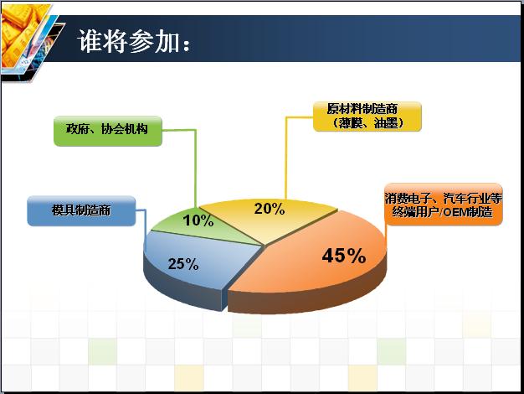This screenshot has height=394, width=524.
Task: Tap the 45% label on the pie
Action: point(343,256)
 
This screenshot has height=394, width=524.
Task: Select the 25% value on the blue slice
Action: point(183,264)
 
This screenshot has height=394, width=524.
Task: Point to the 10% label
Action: point(198,220)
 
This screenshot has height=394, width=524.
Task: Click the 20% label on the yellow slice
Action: point(270,209)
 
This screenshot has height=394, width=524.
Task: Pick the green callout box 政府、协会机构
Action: point(108,131)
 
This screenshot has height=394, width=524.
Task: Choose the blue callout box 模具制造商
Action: point(81,211)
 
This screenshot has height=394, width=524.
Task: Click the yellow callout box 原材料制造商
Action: point(367,117)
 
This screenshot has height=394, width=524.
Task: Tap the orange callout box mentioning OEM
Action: point(444,205)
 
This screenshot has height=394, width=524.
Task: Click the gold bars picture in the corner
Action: point(25,37)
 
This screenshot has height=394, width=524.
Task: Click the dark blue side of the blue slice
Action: point(181,288)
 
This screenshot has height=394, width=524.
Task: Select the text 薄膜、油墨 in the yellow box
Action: point(367,123)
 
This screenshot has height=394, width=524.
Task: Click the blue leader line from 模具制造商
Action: point(144,228)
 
